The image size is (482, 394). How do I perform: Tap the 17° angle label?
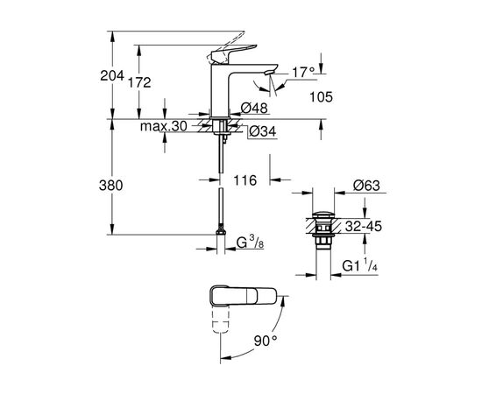point(304,73)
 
